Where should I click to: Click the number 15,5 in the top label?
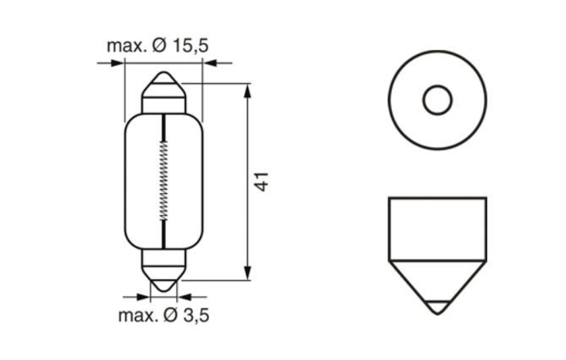[190, 46]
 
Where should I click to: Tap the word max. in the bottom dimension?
[138, 316]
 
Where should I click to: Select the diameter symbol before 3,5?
[171, 316]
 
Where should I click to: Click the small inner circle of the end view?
[437, 100]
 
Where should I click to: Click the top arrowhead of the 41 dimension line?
[248, 89]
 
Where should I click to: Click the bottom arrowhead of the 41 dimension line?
[248, 274]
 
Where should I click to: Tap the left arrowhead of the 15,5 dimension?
[120, 63]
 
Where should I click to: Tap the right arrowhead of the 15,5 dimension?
[208, 63]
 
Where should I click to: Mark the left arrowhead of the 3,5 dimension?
[144, 296]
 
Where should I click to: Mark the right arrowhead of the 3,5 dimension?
[182, 296]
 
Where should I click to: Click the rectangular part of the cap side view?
[437, 229]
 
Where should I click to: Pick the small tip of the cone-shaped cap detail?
[437, 307]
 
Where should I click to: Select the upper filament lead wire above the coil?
[163, 128]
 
